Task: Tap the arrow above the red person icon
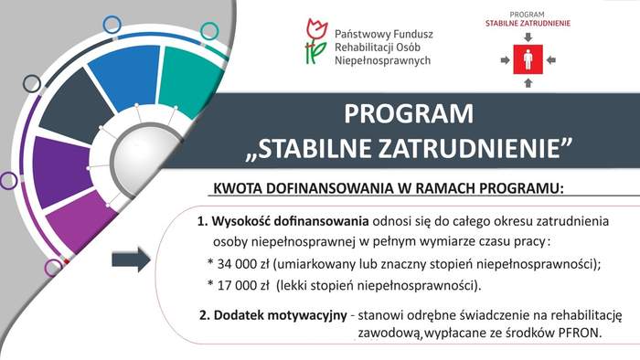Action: (527, 37)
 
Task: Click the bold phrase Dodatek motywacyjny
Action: (280, 315)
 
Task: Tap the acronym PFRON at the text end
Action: (579, 333)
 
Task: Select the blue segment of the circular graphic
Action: (123, 77)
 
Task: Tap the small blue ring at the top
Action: (112, 24)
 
